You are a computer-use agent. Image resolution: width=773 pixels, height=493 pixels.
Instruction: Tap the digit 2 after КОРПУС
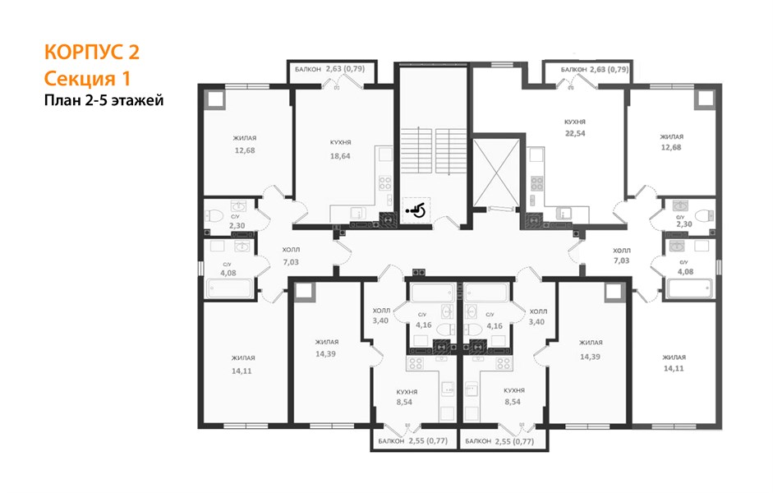pos(134,52)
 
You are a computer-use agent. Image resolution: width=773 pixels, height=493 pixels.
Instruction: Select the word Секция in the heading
pos(76,78)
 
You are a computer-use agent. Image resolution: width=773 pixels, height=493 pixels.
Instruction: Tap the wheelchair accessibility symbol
pos(416,210)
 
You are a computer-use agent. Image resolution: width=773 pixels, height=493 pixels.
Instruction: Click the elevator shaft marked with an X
pos(496,173)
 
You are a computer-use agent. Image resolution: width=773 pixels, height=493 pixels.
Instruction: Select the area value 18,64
pos(340,156)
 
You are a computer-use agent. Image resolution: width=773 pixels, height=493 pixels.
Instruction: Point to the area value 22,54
pos(575,133)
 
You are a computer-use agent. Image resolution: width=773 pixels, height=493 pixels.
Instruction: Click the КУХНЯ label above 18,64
pos(341,142)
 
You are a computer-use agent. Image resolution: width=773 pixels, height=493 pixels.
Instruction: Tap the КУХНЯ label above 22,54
pos(575,122)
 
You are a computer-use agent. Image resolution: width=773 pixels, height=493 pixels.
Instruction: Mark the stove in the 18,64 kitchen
pos(385,183)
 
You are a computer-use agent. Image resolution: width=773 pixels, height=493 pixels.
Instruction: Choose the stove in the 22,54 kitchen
pos(537,183)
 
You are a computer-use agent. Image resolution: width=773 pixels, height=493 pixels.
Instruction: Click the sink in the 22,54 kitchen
pos(563,214)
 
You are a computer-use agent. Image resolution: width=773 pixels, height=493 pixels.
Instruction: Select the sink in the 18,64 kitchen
pos(357,214)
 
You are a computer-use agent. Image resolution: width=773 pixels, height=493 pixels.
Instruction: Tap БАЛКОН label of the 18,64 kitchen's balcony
pos(308,70)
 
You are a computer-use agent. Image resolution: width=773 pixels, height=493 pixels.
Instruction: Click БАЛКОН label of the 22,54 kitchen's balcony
pos(574,70)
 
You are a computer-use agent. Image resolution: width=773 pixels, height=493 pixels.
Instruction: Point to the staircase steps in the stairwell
pos(434,151)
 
